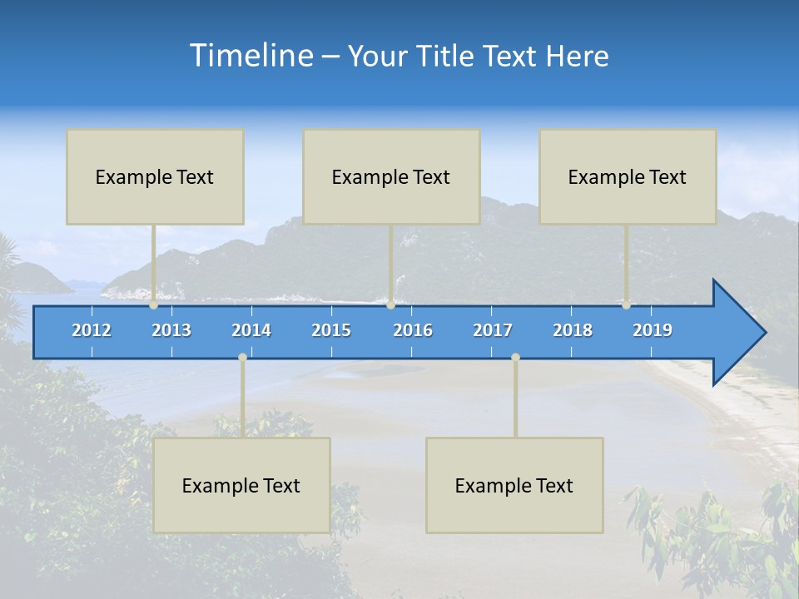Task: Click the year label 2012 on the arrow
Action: click(92, 330)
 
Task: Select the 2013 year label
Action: click(171, 330)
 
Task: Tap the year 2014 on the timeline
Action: click(251, 330)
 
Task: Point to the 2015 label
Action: click(331, 330)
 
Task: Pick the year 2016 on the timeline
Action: click(413, 330)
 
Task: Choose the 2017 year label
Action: click(493, 330)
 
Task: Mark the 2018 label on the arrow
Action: click(573, 330)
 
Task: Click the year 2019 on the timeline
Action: click(653, 330)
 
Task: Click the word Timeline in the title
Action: click(251, 56)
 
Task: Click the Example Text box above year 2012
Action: click(155, 176)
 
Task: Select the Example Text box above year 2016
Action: click(391, 176)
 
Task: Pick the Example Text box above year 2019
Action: click(628, 176)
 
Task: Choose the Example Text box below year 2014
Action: click(241, 485)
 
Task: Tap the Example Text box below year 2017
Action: click(514, 485)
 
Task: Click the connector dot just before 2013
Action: click(154, 305)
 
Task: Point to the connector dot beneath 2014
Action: click(242, 358)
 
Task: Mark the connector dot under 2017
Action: click(515, 358)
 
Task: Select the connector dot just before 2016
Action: click(391, 305)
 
